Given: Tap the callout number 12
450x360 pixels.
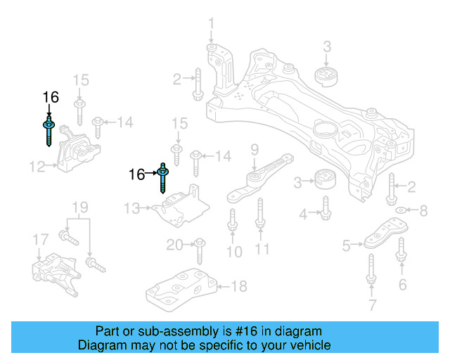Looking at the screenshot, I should [37, 167].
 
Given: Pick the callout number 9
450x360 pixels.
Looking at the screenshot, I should [255, 149].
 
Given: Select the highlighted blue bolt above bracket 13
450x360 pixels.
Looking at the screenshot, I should [163, 179].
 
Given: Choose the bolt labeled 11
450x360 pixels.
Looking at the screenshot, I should [260, 214].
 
